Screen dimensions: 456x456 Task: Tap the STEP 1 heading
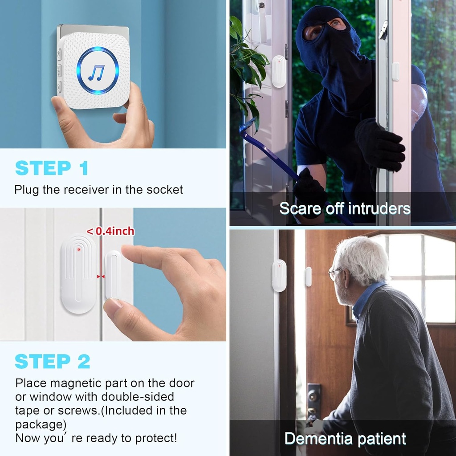52,168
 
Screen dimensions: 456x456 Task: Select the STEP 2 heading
53,362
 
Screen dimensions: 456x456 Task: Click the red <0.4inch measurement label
110,231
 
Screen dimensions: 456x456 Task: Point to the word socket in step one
165,190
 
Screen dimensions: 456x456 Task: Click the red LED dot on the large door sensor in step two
79,249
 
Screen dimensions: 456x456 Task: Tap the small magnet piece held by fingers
112,274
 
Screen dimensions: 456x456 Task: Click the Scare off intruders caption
345,208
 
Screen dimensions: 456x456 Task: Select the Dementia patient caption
345,438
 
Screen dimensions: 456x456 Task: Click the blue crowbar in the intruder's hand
267,151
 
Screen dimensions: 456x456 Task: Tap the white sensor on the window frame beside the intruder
279,71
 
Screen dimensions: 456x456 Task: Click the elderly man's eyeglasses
335,273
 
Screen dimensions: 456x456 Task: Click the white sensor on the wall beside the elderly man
279,276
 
